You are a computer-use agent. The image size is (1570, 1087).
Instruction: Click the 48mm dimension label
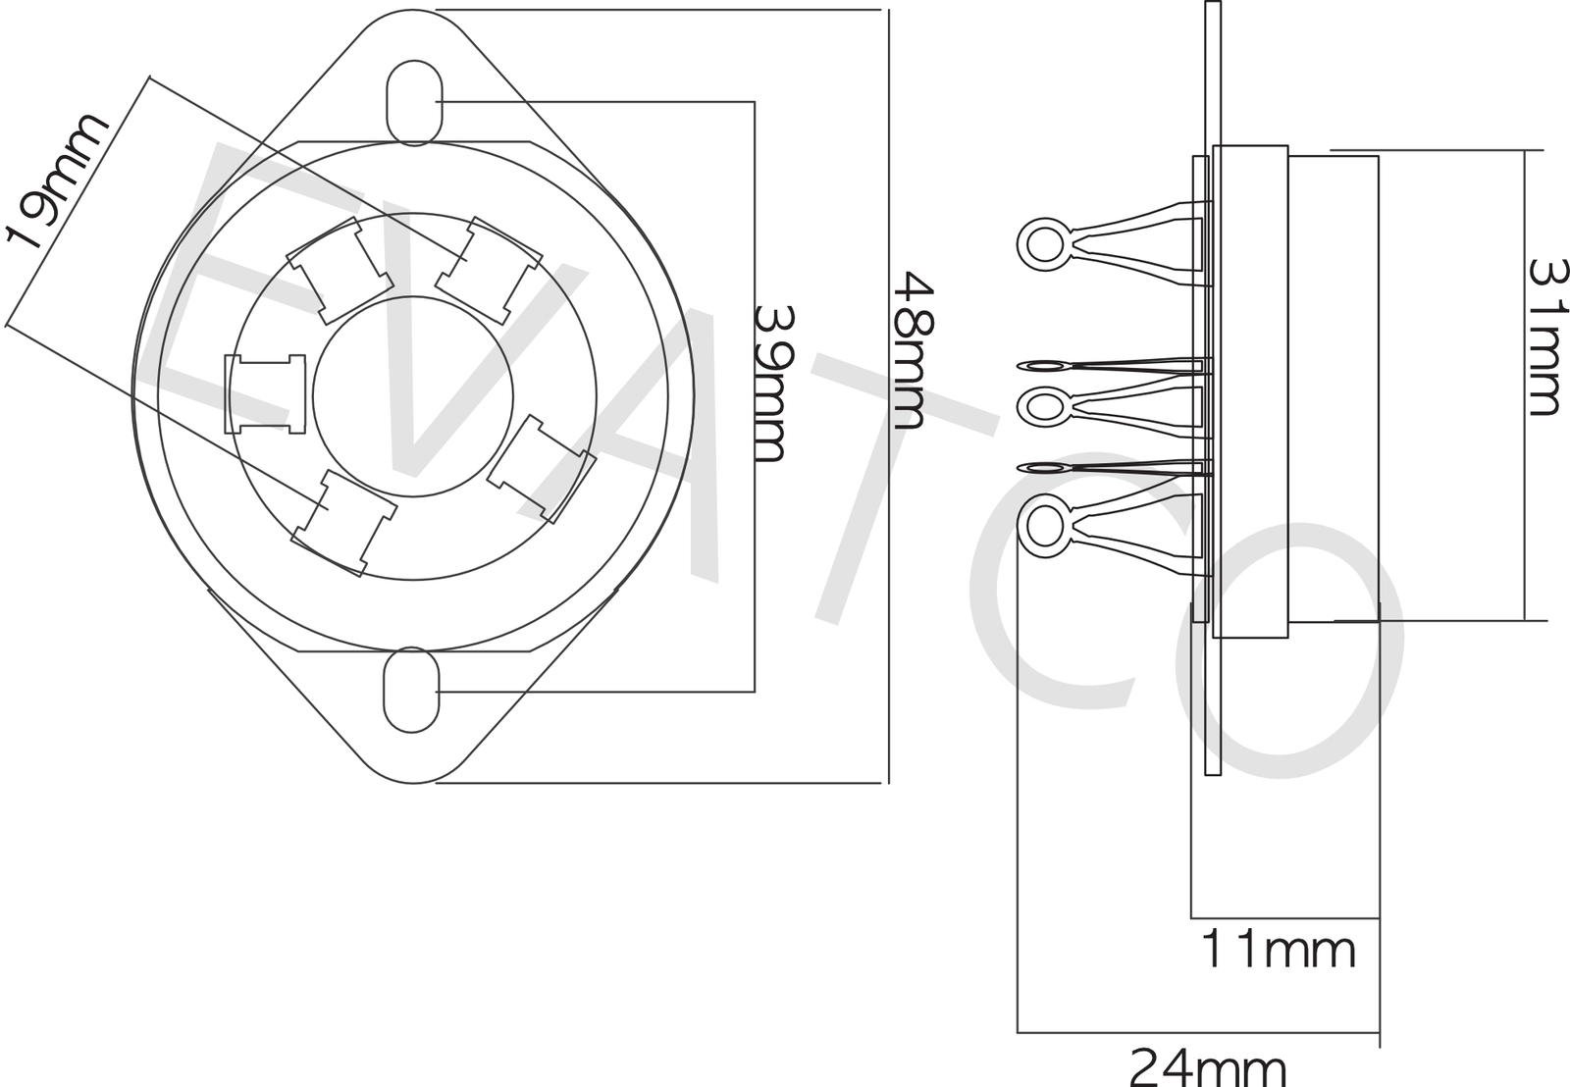(909, 350)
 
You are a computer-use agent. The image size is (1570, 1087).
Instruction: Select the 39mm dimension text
(770, 384)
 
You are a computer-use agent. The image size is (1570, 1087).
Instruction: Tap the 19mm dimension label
(57, 181)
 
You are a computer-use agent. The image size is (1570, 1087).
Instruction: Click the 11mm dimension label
(1279, 950)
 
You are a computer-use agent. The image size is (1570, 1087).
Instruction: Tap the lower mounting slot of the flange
(410, 690)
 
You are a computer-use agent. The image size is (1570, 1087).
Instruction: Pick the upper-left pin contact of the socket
(339, 271)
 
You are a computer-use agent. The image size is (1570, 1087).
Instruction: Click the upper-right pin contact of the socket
(489, 271)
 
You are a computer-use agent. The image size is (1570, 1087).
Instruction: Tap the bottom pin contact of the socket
(343, 522)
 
